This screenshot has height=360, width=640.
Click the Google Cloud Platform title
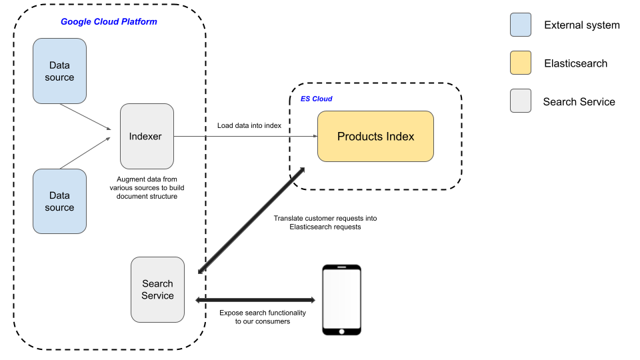pos(109,21)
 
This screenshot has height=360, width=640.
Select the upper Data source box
pos(59,71)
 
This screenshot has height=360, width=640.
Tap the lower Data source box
pos(59,201)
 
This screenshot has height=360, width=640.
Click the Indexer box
pos(146,136)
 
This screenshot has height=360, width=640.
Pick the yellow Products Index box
pos(375,137)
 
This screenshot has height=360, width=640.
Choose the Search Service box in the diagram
pos(158,289)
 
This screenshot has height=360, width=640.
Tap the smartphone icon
pos(341,299)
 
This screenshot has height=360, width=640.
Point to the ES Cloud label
pos(316,99)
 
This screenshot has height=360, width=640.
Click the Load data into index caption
pos(249,126)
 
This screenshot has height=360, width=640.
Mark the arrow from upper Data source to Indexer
pos(85,116)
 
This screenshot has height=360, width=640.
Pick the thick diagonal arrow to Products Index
pos(252,220)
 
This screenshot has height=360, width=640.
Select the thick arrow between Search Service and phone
pos(255,300)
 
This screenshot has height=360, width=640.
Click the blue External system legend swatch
pos(520,25)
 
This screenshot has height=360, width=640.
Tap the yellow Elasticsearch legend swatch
pos(520,63)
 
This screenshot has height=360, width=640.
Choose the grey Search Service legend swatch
pos(520,101)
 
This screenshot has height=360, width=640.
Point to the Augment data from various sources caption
pos(147,187)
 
